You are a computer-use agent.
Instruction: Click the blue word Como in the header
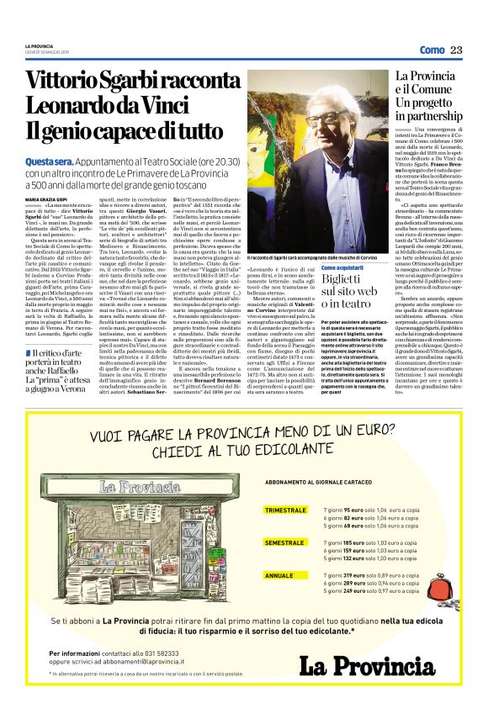click(432, 50)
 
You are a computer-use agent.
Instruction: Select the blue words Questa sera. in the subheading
click(48, 161)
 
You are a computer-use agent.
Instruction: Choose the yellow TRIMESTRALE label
click(285, 510)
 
